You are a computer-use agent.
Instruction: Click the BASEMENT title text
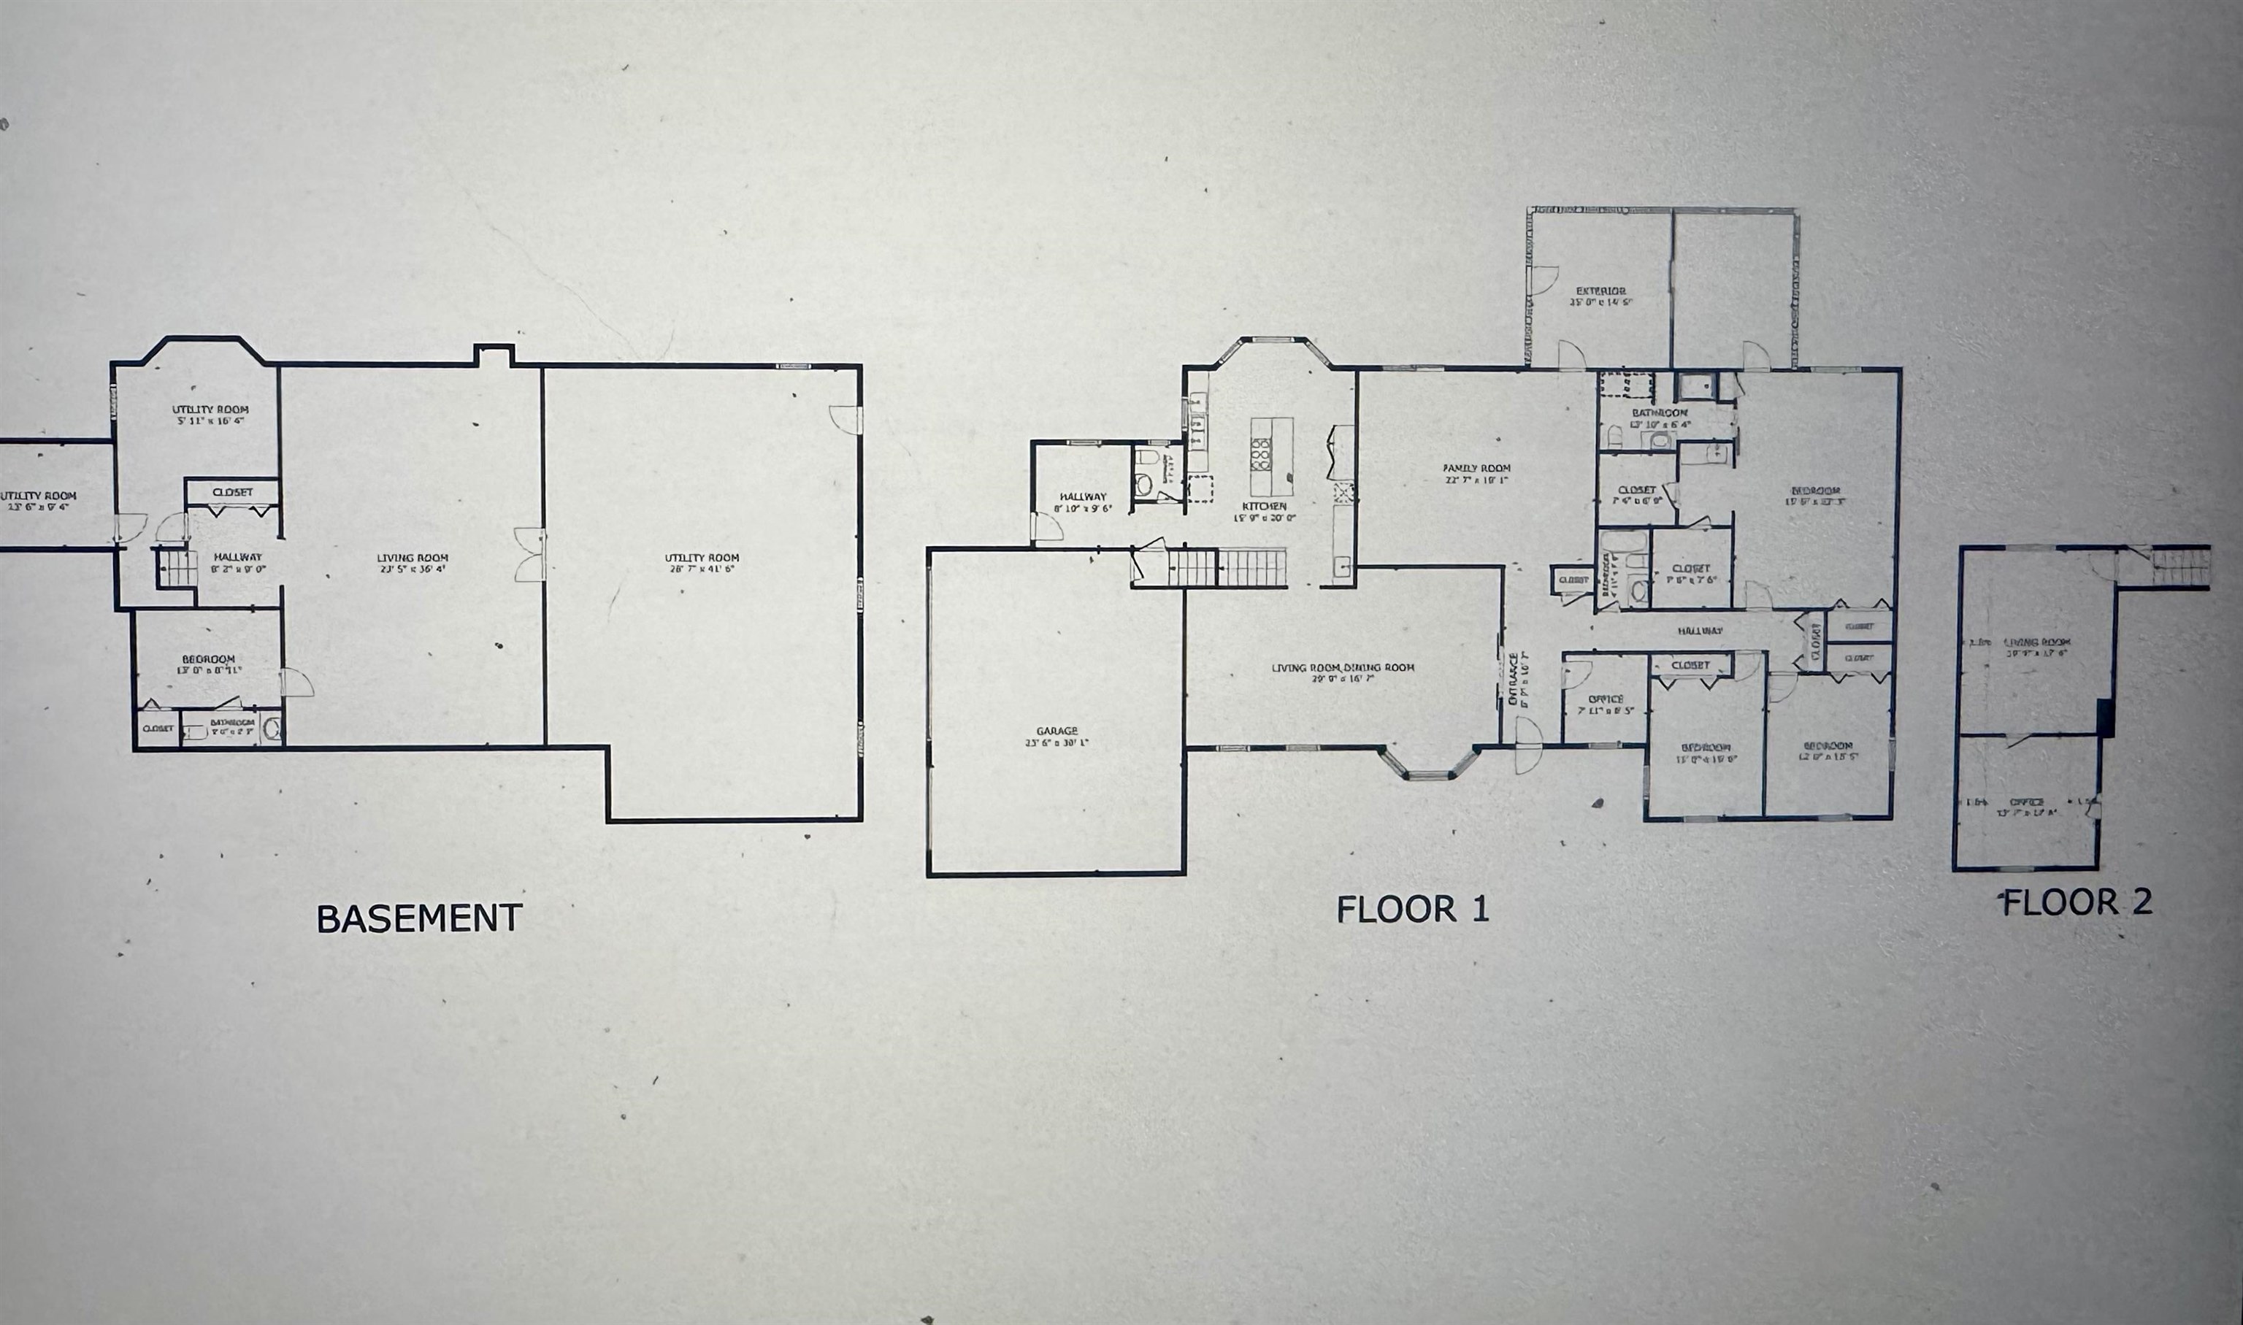419,918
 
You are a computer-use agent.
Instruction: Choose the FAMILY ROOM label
1476,468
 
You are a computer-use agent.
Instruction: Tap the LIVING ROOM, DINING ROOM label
1343,667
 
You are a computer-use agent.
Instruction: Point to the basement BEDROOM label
208,659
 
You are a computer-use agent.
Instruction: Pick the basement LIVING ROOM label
412,558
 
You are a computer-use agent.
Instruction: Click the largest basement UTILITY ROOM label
702,558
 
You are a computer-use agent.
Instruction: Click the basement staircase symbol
176,569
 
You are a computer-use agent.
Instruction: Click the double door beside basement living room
530,555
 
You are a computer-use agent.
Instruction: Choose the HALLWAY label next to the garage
1082,496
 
